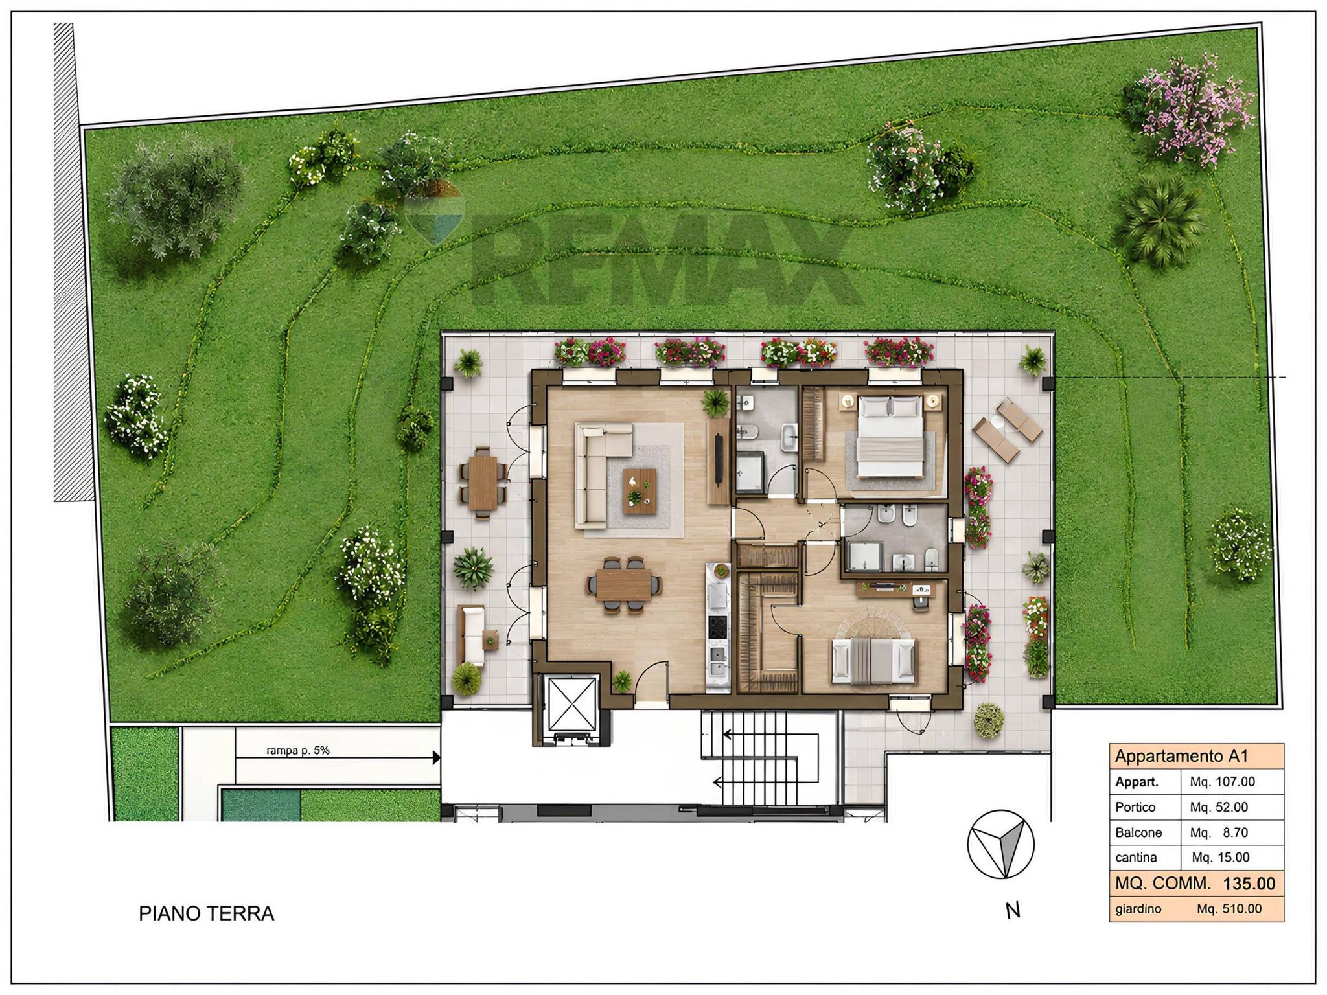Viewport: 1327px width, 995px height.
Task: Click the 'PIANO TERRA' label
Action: point(207,913)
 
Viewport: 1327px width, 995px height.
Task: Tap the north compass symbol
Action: point(1000,844)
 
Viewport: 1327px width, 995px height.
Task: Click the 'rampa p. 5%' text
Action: point(298,751)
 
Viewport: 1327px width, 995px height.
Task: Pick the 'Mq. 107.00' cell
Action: point(1222,782)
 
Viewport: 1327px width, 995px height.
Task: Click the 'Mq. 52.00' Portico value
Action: point(1219,807)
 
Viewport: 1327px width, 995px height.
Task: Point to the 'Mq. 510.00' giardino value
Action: point(1229,909)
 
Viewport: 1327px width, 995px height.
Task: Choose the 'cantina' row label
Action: point(1136,858)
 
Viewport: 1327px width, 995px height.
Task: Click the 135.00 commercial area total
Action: point(1249,884)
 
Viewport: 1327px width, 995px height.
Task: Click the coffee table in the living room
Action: point(640,490)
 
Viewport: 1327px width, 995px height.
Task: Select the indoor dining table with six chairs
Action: point(625,585)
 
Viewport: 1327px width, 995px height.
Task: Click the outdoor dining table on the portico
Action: point(483,482)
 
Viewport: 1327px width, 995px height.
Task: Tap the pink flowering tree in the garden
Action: point(1188,111)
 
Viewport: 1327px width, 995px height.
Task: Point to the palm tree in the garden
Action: point(1160,221)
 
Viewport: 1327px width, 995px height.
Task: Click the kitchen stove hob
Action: point(718,627)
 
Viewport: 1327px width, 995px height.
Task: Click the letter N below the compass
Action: point(1013,911)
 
